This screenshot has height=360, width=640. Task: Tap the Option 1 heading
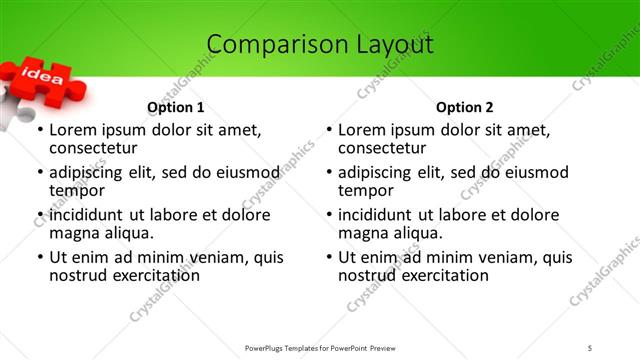[x=175, y=107]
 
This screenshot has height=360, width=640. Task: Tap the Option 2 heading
[x=465, y=107]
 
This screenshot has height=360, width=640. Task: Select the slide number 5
[x=590, y=347]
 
